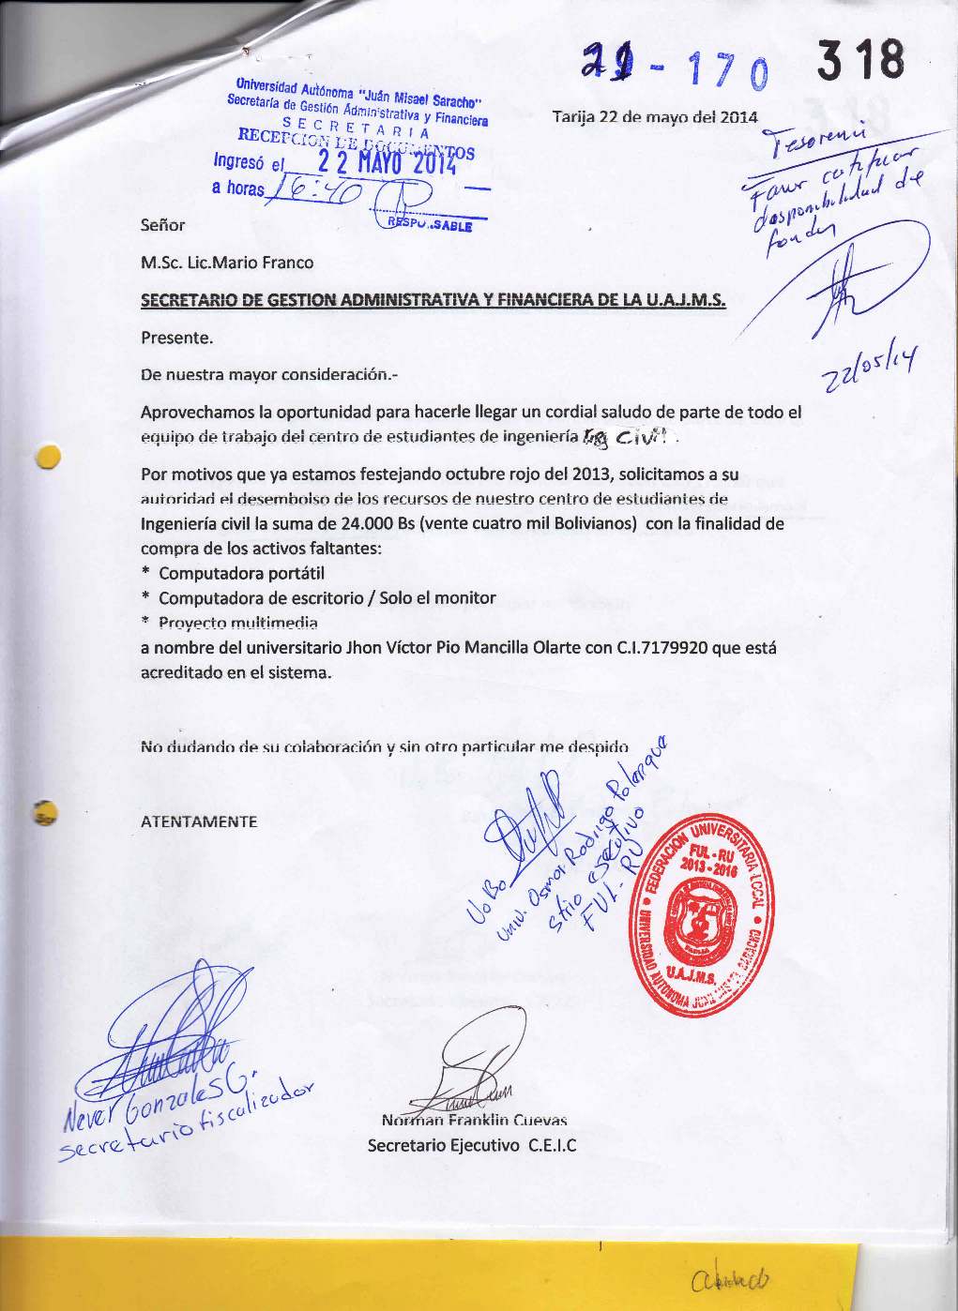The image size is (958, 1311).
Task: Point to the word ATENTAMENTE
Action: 199,821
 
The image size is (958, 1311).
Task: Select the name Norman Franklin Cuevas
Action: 475,1120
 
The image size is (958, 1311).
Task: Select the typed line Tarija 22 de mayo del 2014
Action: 654,118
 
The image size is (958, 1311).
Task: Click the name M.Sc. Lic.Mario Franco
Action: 227,263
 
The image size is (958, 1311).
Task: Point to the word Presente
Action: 176,337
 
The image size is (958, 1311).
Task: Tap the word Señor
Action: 162,225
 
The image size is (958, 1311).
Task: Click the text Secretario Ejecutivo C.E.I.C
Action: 471,1145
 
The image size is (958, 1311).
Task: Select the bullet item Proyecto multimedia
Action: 238,623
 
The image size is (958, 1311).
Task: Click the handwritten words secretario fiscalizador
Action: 188,1131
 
